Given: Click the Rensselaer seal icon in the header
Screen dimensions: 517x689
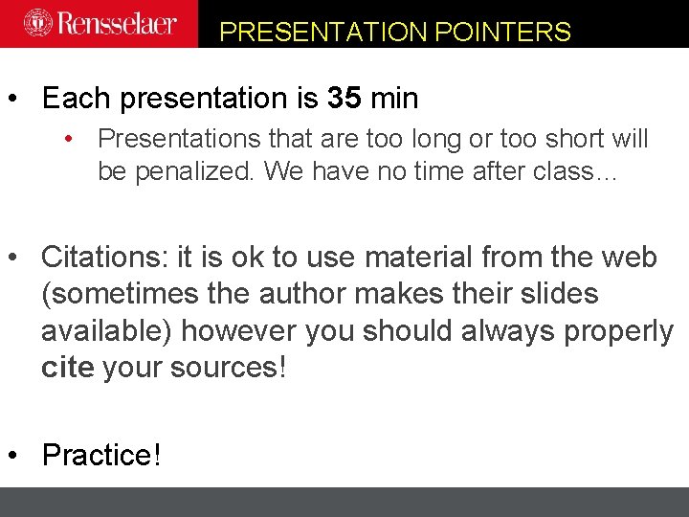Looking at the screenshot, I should click(38, 23).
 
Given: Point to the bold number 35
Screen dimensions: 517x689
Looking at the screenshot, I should click(344, 99).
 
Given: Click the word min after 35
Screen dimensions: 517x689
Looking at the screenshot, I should click(394, 99).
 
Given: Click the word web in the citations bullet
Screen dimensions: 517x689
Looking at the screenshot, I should click(628, 258).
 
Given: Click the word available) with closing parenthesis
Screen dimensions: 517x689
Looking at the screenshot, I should click(106, 330).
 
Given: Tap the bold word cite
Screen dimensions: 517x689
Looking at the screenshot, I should click(66, 367).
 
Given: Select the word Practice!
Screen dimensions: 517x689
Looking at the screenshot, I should click(101, 455).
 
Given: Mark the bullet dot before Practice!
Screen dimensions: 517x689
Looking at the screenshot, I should click(13, 455).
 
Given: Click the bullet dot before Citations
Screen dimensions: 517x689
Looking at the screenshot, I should click(13, 258).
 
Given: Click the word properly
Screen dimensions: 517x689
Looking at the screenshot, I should click(619, 330).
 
